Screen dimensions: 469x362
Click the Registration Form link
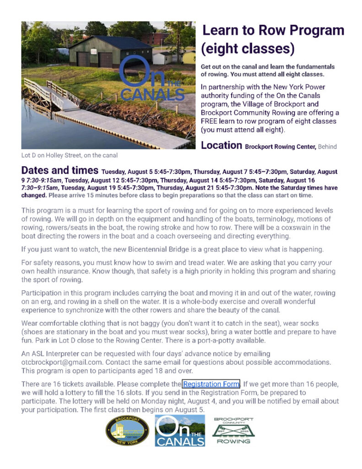[211, 384]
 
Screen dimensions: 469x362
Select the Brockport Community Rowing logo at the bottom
[233, 431]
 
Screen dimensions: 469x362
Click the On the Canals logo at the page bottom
[180, 431]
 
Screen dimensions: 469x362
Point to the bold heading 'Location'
[222, 146]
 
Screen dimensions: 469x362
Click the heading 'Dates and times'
[59, 171]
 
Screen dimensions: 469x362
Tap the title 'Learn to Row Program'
[273, 31]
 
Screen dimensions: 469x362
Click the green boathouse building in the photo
[110, 51]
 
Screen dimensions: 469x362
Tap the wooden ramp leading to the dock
[50, 94]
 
